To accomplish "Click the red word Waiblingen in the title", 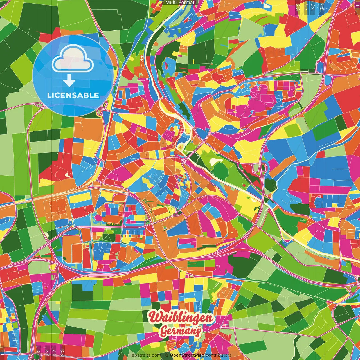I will point(181,318).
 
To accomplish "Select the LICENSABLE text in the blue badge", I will point(73,95).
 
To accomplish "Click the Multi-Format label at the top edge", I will point(180,3).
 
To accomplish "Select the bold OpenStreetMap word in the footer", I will point(187,355).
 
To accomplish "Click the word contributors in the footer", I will point(218,355).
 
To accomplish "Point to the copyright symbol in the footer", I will point(167,355).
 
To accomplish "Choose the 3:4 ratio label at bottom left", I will point(47,351).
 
